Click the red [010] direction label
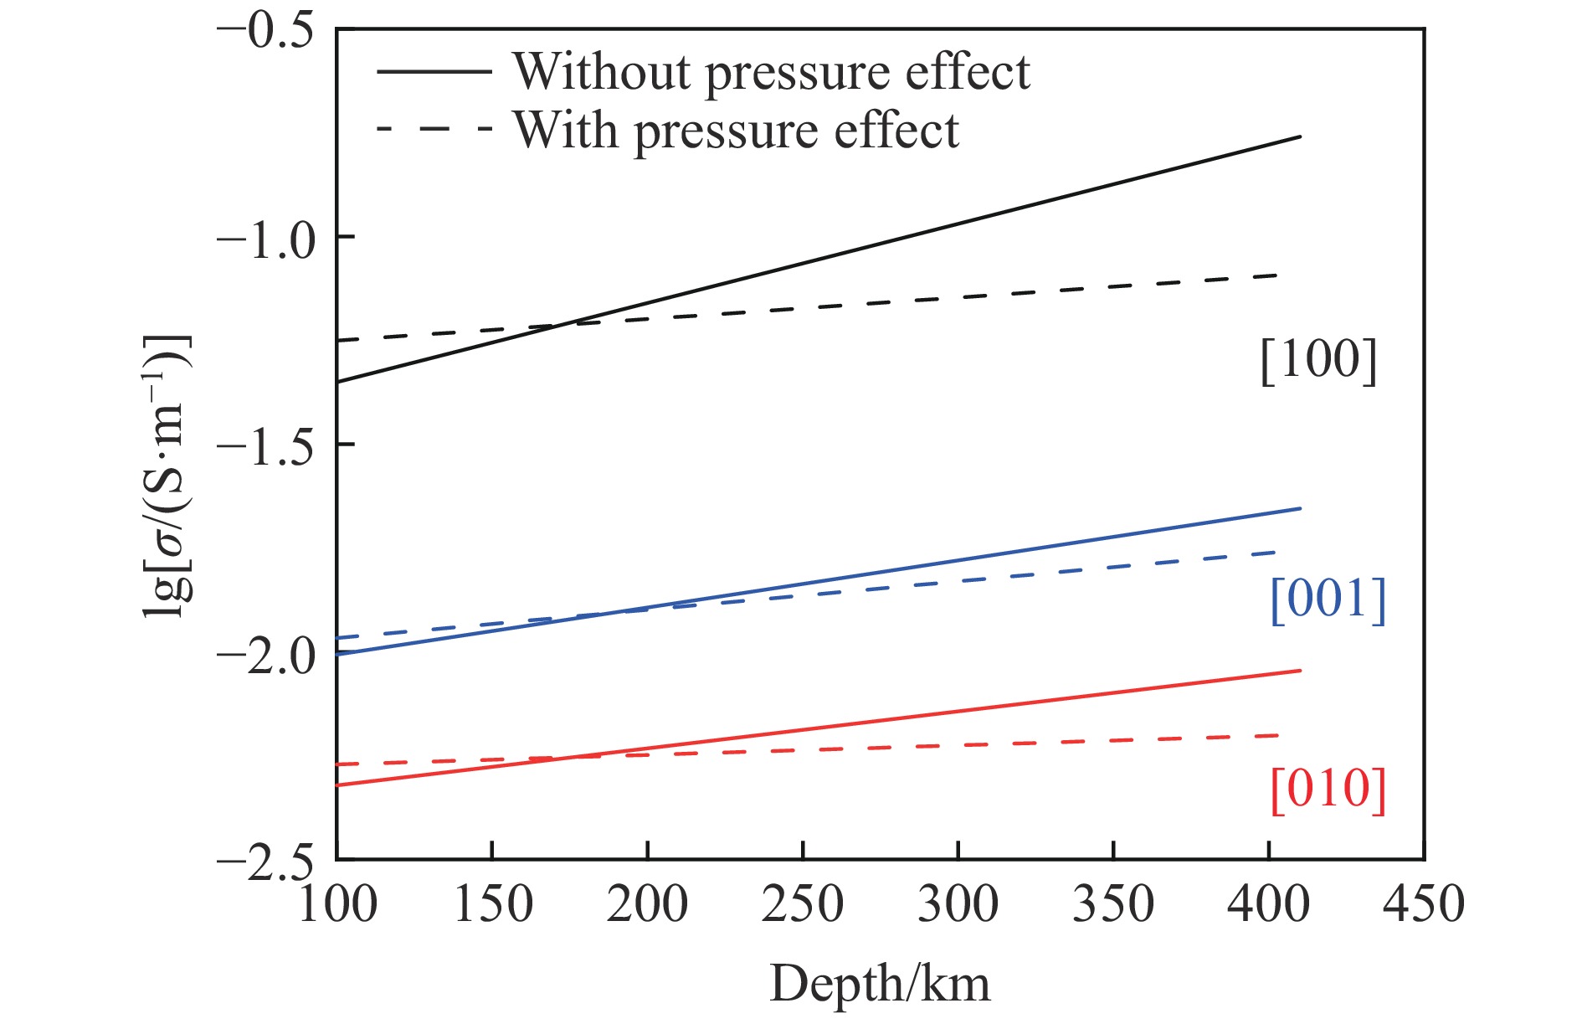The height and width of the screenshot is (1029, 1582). click(1328, 790)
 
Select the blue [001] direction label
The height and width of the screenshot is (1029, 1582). click(1328, 599)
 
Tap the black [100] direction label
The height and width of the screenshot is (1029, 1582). click(1318, 361)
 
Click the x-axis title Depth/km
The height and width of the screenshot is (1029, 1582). click(879, 984)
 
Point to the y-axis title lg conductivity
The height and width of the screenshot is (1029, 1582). click(167, 476)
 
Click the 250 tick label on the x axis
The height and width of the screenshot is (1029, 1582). click(802, 904)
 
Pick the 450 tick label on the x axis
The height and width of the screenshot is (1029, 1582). click(1423, 904)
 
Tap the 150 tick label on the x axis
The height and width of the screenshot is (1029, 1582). click(492, 904)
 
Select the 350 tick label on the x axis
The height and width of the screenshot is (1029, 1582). click(1112, 904)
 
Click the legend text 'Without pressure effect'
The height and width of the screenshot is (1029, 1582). click(771, 72)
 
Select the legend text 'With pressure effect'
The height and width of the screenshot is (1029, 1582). click(736, 131)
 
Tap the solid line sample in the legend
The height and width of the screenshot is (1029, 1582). click(434, 71)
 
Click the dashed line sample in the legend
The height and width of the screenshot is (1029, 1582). click(434, 130)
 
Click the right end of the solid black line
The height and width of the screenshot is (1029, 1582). click(1301, 136)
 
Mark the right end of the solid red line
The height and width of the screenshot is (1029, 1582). click(1301, 670)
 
